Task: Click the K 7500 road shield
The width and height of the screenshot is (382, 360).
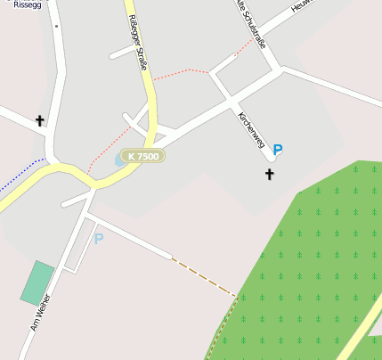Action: coord(143,156)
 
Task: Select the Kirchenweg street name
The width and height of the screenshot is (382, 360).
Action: coord(252,131)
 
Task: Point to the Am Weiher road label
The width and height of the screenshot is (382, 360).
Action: coord(41,314)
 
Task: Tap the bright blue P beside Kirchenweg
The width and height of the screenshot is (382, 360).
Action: coord(279,151)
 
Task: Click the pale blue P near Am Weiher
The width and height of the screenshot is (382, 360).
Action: coord(99,238)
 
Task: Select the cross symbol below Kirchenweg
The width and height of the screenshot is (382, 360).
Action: coord(270,174)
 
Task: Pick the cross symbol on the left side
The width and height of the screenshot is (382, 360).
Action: coord(39,120)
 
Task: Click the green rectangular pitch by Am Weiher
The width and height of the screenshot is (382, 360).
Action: coord(37,282)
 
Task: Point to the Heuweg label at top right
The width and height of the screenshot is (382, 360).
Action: coord(304,6)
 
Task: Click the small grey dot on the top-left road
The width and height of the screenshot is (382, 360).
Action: coord(56,27)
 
